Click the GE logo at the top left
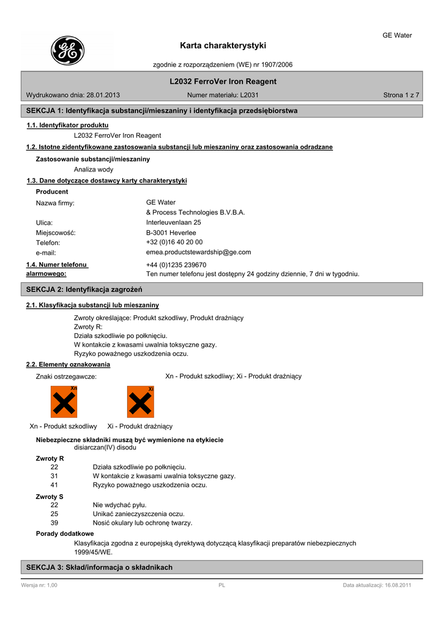[x=67, y=50]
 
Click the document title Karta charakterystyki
[x=223, y=45]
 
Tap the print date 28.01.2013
[x=103, y=96]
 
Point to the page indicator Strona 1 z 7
[x=401, y=96]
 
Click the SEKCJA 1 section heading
[x=162, y=111]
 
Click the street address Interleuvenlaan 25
[x=173, y=222]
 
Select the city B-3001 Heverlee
[x=171, y=233]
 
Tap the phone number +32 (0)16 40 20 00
[x=174, y=242]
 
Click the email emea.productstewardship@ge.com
[x=198, y=252]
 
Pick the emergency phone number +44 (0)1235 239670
[x=176, y=265]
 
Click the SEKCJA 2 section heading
[x=84, y=289]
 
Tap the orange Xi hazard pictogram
[x=140, y=402]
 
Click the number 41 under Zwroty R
[x=54, y=485]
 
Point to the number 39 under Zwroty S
[x=54, y=523]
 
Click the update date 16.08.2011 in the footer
[x=395, y=585]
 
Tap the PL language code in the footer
[x=222, y=585]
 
